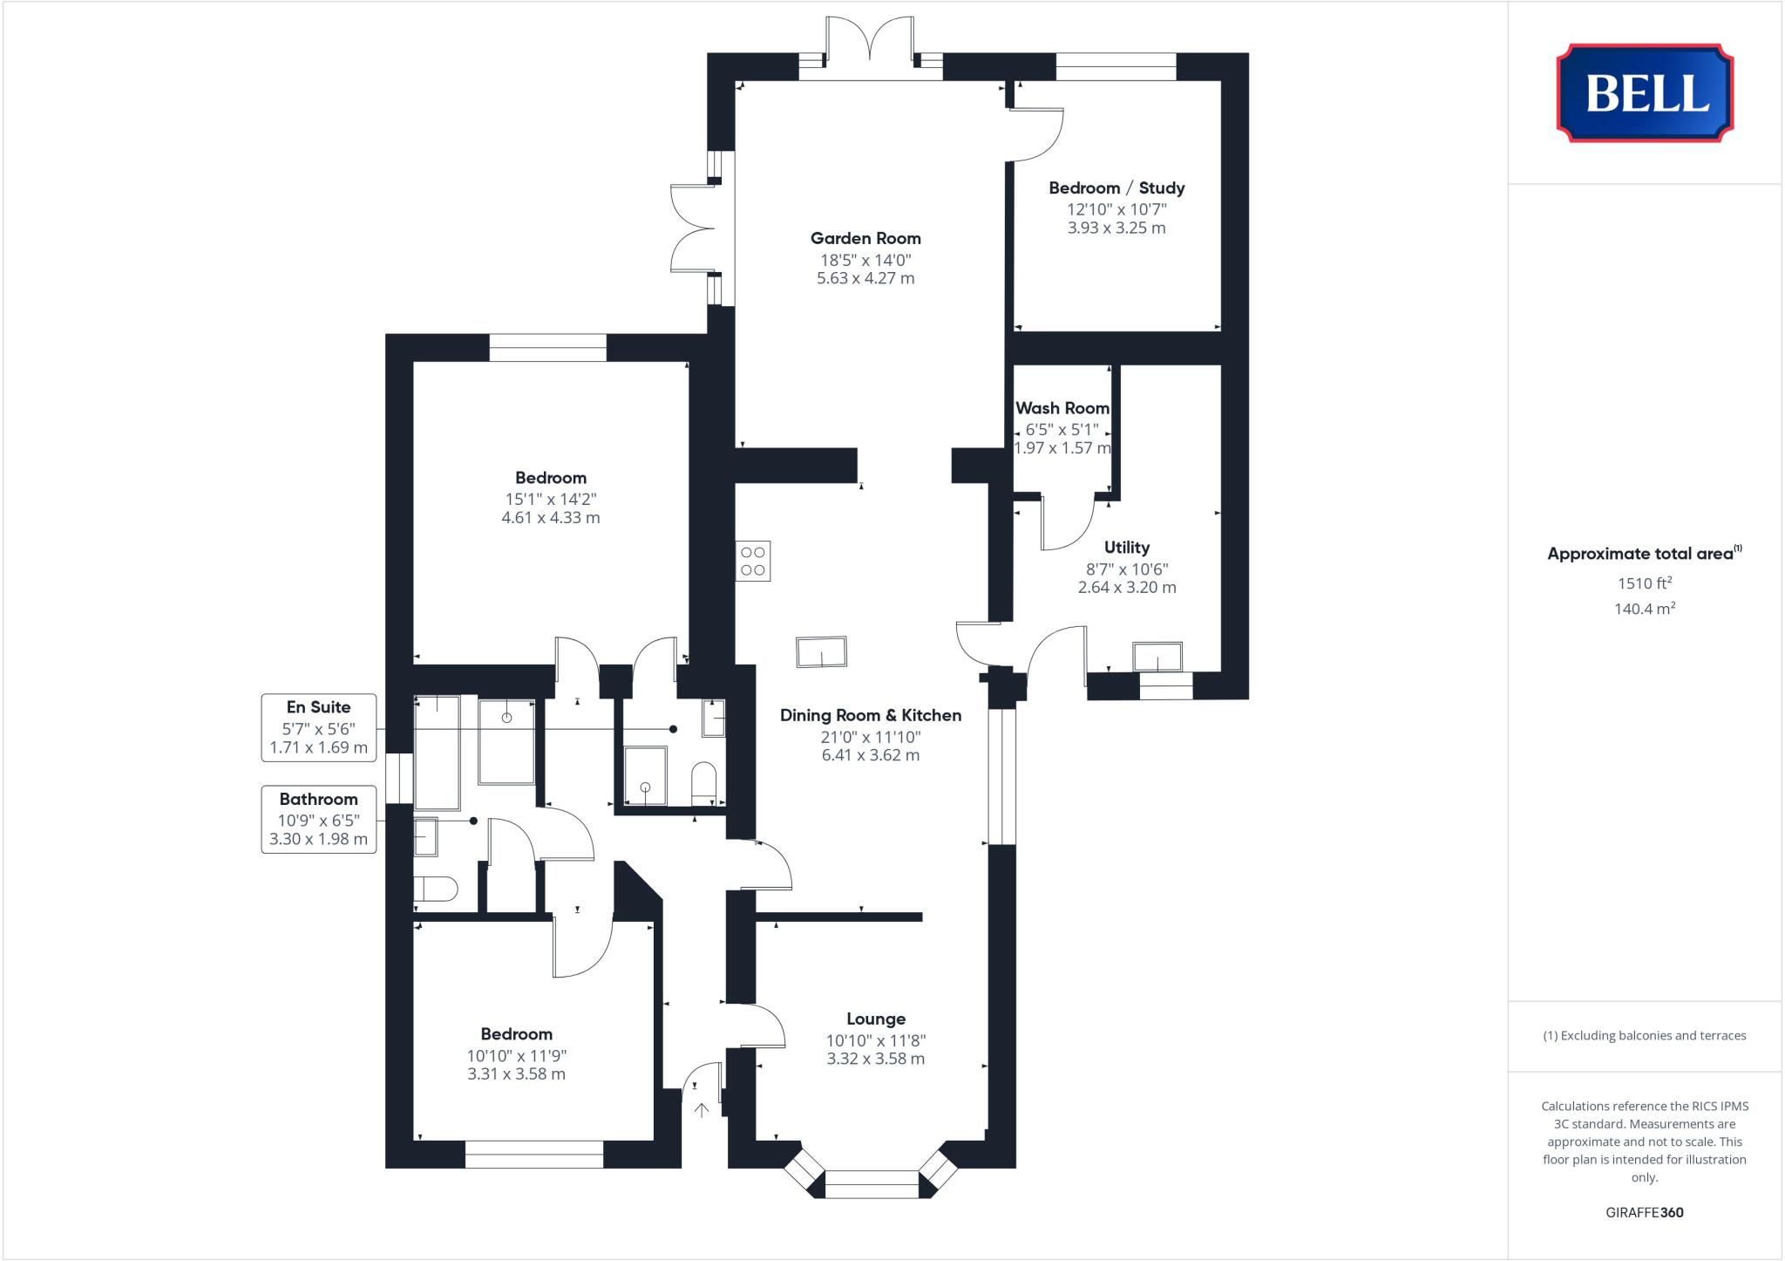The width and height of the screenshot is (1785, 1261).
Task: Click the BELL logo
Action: tap(1645, 93)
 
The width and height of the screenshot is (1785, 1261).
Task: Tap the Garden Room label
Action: tap(865, 238)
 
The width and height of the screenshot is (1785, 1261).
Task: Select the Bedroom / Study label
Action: tap(1116, 187)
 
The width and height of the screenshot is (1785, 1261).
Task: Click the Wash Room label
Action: tap(1062, 408)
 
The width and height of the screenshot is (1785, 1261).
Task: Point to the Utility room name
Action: tap(1126, 548)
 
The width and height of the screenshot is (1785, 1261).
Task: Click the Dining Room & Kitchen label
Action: tap(870, 715)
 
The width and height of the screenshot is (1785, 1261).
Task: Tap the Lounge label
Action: tap(875, 1019)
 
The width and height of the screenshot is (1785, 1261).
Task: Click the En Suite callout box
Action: tap(319, 727)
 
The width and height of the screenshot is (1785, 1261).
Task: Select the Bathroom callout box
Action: tap(319, 819)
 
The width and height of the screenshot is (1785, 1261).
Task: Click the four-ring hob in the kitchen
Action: tap(753, 561)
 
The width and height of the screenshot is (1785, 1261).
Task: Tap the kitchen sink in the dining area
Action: tap(821, 652)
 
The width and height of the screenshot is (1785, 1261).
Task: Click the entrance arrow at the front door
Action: tap(702, 1109)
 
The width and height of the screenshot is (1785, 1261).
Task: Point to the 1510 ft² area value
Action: tap(1644, 583)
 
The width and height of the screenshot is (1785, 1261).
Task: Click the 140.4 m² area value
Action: tap(1644, 609)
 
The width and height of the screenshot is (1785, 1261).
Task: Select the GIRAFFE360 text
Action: tap(1644, 1212)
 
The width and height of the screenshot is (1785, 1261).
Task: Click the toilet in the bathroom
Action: tap(435, 890)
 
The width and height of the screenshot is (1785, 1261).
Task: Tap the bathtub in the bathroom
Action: tap(437, 753)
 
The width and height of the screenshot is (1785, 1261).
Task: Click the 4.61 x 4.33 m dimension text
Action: tap(550, 517)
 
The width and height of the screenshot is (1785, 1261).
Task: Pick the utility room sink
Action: tap(1157, 657)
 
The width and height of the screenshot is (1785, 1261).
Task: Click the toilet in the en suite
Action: tap(703, 782)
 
